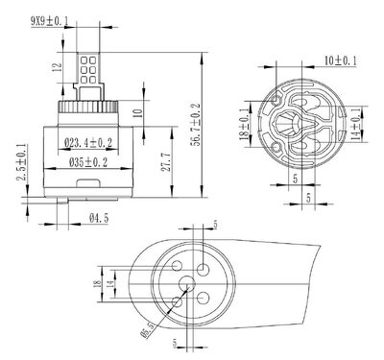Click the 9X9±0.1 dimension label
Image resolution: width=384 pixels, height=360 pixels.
[50, 21]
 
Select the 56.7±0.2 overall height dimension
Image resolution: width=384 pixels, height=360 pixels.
[195, 125]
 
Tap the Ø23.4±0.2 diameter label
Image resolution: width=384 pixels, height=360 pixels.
[88, 143]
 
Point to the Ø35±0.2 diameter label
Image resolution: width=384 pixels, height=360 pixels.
[88, 162]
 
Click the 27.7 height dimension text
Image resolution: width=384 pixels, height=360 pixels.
[165, 162]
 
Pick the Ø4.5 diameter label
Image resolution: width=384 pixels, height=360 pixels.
[99, 218]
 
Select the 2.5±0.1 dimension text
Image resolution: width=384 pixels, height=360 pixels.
[22, 162]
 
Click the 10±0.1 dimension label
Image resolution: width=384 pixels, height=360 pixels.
[341, 60]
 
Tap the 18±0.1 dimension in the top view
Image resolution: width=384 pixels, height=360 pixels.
[244, 124]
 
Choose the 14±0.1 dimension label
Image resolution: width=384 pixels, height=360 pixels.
[355, 124]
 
